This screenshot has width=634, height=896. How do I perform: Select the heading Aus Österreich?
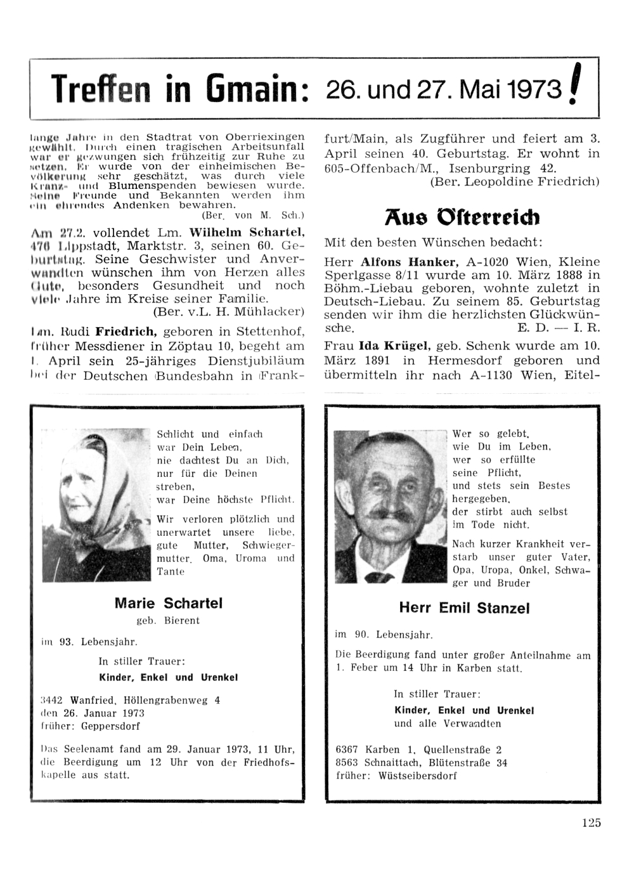click(462, 218)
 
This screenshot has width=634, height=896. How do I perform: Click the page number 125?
click(590, 823)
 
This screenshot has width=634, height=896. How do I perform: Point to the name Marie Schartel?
click(169, 603)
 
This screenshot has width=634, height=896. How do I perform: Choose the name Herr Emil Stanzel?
click(464, 608)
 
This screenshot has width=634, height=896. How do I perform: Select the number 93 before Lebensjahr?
click(66, 642)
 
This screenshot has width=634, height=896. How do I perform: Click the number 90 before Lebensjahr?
click(361, 634)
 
